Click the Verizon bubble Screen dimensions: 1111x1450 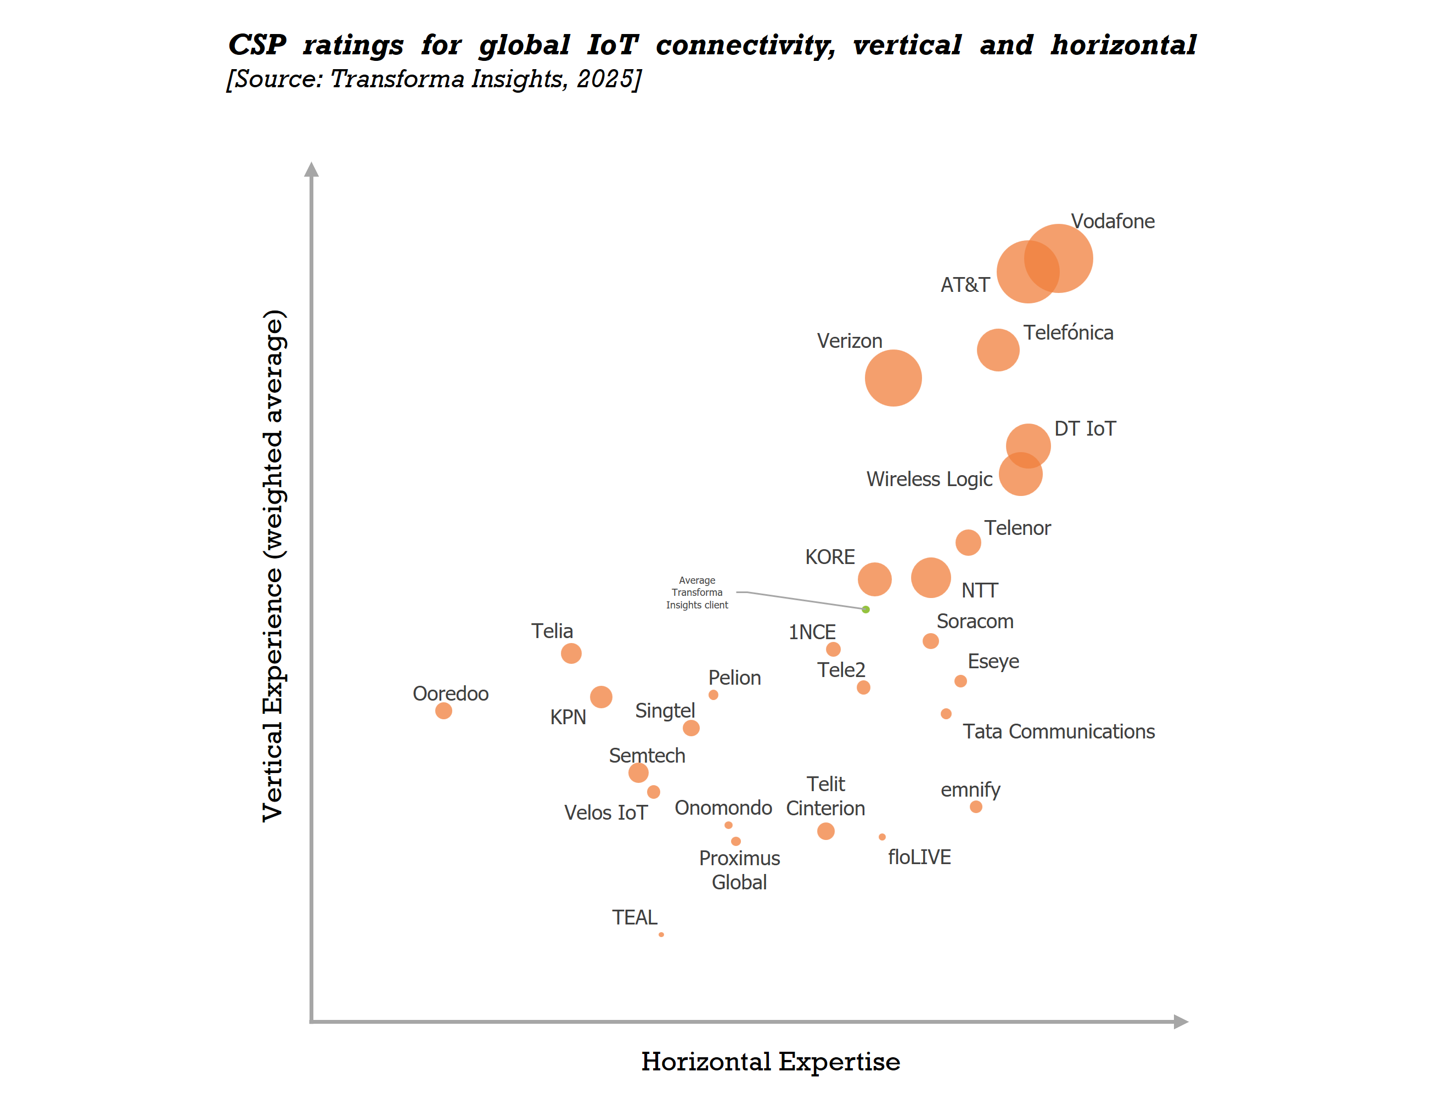892,377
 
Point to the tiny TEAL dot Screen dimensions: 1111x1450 660,934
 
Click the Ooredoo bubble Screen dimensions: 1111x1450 443,710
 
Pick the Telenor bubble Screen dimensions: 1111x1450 967,542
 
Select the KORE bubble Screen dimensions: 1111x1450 874,579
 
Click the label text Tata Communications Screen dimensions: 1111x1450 1058,731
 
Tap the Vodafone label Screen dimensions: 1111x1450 1112,221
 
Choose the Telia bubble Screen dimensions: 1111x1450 570,653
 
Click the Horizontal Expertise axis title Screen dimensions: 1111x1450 770,1062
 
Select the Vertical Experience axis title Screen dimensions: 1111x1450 273,566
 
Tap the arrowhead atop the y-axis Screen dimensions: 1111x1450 311,170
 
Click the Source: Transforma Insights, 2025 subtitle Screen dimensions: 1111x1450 433,78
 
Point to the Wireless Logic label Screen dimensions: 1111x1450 929,479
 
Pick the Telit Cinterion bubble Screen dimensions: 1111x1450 825,831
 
